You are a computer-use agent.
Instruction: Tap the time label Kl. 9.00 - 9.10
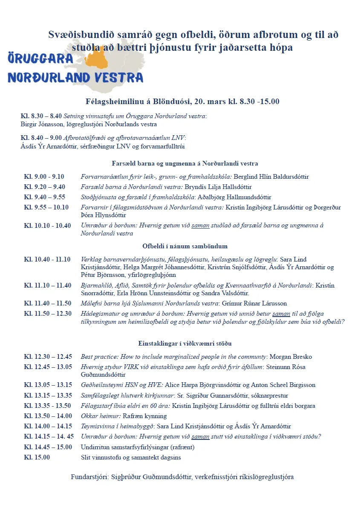coord(44,177)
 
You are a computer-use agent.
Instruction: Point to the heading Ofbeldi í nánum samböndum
coord(185,246)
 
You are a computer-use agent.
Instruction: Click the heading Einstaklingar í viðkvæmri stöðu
coord(185,343)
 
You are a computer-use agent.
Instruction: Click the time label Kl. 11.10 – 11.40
coord(47,285)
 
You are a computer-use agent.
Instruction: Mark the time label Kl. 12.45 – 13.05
coord(47,367)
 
